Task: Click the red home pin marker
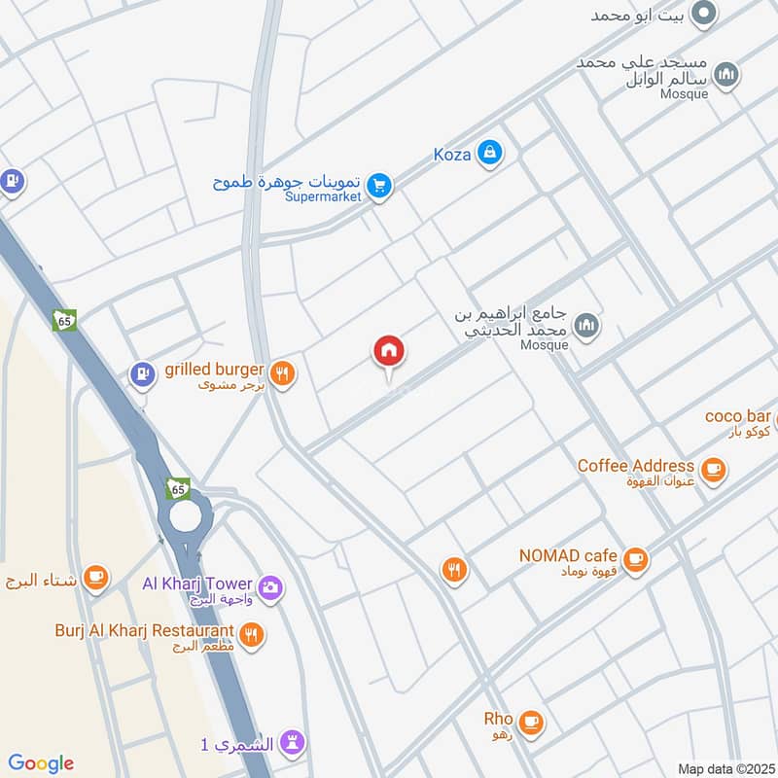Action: click(389, 352)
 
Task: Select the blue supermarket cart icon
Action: click(380, 184)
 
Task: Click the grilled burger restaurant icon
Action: click(282, 372)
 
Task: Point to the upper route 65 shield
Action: click(65, 320)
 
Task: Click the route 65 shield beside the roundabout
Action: click(177, 488)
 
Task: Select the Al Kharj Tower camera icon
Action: click(270, 586)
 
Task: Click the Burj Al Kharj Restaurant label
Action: click(144, 630)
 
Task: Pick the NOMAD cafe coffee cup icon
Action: click(635, 559)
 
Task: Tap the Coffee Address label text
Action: click(635, 466)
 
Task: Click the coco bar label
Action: click(737, 416)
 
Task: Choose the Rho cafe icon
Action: click(530, 722)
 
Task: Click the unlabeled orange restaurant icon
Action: click(453, 570)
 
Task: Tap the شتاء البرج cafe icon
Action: click(95, 580)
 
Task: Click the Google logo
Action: click(41, 763)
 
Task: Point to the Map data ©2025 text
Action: click(725, 769)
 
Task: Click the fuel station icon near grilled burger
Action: click(142, 373)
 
